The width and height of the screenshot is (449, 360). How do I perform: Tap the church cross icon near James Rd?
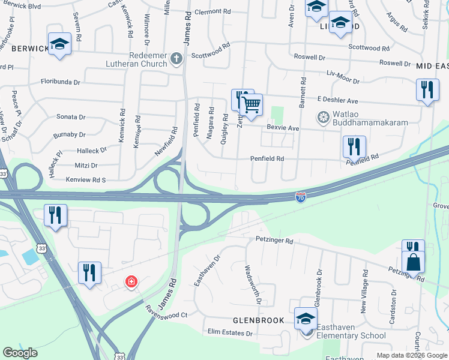pos(176,58)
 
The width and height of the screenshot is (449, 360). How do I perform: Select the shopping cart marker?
pos(251,105)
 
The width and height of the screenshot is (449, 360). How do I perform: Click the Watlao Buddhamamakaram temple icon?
pos(323,116)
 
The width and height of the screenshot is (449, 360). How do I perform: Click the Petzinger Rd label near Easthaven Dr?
pos(273,241)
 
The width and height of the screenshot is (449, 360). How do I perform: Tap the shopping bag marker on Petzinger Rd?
pos(414,262)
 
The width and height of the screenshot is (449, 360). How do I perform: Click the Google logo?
pos(20,353)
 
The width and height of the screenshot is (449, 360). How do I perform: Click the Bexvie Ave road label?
pos(283,128)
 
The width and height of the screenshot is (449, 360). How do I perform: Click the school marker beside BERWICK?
pos(60,44)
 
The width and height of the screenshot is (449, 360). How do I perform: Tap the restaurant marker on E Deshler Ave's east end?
pos(427,90)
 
